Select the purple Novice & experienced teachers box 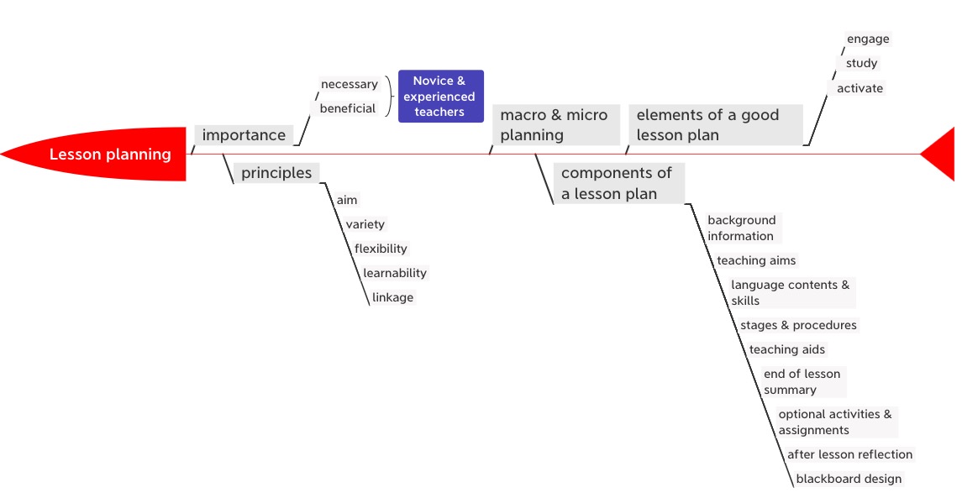click(x=440, y=96)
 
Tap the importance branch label click(x=244, y=135)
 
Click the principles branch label click(x=276, y=173)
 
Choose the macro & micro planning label click(x=554, y=124)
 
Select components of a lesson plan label click(x=617, y=183)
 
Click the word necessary click(x=350, y=84)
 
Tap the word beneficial click(x=348, y=108)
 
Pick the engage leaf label click(x=868, y=39)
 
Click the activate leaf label click(x=859, y=88)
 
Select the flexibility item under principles click(x=381, y=249)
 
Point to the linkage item click(x=392, y=297)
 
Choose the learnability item click(x=395, y=273)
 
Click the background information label click(x=742, y=228)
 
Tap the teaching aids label click(x=787, y=349)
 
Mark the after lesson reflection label click(x=849, y=454)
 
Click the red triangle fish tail click(x=941, y=155)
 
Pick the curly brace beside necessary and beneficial click(x=389, y=96)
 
